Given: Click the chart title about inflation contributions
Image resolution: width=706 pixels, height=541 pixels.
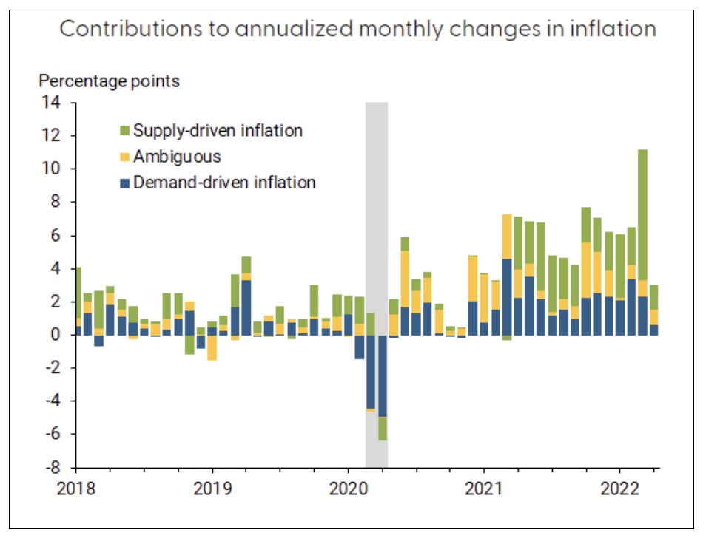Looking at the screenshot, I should coord(357,30).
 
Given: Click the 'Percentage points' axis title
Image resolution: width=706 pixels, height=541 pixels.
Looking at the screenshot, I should coord(109,81).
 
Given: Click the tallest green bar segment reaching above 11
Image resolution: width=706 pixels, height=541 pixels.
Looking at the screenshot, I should coord(642,214).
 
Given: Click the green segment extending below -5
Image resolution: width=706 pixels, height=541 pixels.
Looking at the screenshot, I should coord(383,429).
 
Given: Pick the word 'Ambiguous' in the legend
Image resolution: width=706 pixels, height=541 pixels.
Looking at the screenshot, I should coord(177,157).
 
